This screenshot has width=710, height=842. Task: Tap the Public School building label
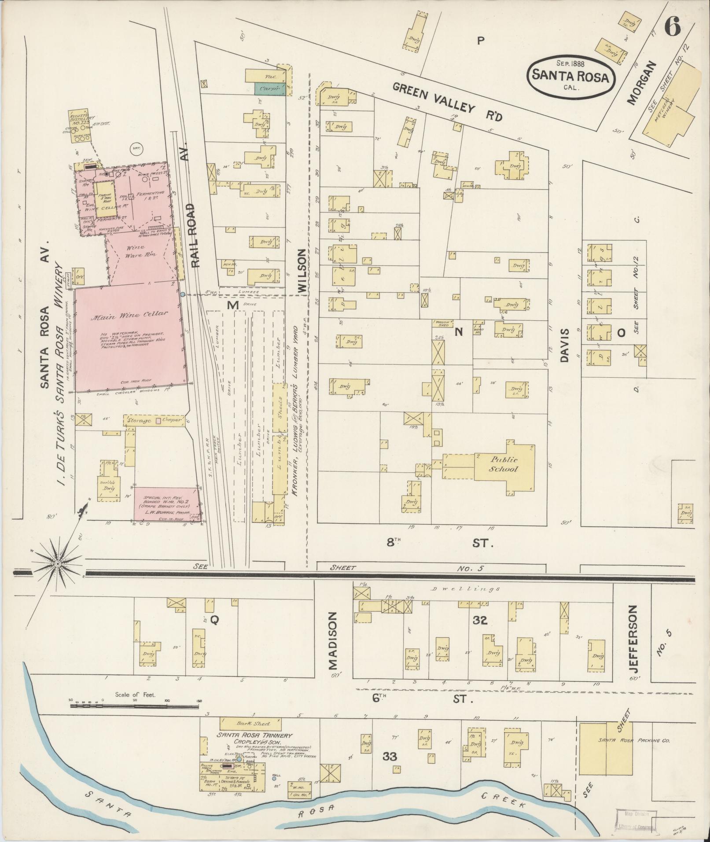(504, 464)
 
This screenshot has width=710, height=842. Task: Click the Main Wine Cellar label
(129, 315)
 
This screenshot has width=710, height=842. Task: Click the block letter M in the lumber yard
(232, 305)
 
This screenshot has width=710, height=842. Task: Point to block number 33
(390, 757)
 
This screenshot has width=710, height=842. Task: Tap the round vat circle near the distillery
(136, 149)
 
